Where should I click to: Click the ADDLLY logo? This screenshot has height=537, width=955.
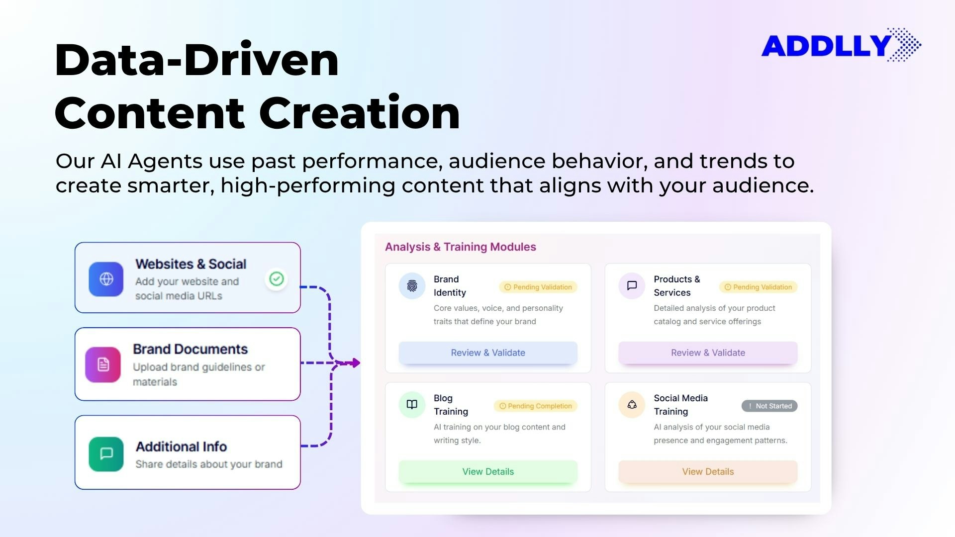coord(841,45)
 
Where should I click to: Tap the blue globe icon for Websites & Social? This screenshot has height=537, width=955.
coord(106,279)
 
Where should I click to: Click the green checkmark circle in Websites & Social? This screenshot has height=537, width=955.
coord(277,279)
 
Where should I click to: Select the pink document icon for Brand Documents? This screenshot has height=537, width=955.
coord(103,364)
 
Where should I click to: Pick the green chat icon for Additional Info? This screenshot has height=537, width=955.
coord(106,453)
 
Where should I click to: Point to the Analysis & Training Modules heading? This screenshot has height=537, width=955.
coord(460,247)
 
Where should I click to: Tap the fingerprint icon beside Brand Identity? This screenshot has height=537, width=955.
coord(412,286)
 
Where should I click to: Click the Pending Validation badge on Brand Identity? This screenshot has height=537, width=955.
coord(538,287)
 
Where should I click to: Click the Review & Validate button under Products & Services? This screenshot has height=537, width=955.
coord(708,353)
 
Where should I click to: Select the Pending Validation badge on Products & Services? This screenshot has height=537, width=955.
coord(758,287)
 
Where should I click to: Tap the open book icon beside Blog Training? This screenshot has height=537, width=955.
coord(412,404)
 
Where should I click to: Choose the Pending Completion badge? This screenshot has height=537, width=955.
coord(535,406)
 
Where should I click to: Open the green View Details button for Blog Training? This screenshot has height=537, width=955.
coord(488,471)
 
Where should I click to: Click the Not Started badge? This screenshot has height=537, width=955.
coord(769,406)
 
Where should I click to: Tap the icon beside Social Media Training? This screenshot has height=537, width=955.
coord(632,404)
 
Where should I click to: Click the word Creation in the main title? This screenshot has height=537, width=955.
coord(359,113)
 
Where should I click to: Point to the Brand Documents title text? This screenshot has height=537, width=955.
coord(190,349)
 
